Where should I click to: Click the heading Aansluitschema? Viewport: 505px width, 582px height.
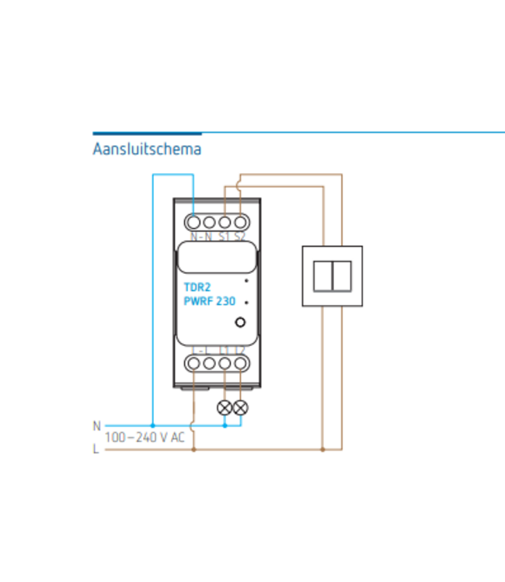pyautogui.click(x=146, y=149)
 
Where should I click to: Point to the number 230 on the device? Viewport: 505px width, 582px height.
pyautogui.click(x=226, y=302)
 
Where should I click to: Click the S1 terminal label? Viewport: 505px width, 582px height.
pyautogui.click(x=225, y=237)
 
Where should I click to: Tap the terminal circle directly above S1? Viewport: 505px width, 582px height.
pyautogui.click(x=225, y=223)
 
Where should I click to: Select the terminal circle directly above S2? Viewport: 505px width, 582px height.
pyautogui.click(x=241, y=223)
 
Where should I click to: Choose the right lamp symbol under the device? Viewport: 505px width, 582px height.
pyautogui.click(x=241, y=406)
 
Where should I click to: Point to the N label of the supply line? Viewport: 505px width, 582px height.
pyautogui.click(x=96, y=425)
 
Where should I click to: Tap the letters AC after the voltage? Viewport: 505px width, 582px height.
pyautogui.click(x=178, y=438)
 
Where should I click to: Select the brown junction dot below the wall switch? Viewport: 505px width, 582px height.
pyautogui.click(x=322, y=449)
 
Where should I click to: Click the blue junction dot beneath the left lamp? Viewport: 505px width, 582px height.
pyautogui.click(x=225, y=425)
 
